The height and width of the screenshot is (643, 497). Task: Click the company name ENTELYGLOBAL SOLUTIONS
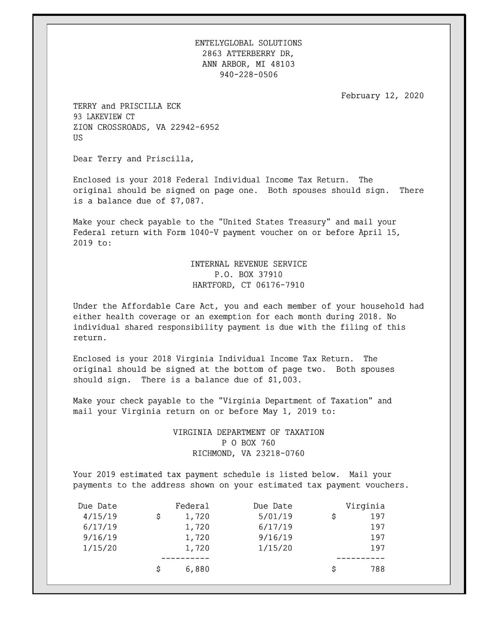pos(248,43)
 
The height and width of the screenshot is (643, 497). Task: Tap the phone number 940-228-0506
pos(248,75)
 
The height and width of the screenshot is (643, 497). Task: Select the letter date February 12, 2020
pos(382,96)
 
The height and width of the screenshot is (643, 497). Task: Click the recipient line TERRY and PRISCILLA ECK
pos(127,106)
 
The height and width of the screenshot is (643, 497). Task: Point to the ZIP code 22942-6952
pos(194,127)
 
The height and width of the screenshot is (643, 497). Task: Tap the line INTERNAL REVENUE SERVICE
pos(248,264)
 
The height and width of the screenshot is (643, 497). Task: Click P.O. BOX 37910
pos(248,275)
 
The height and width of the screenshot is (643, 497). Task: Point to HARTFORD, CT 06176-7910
pos(248,285)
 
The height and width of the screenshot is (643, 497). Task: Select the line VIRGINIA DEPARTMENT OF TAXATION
pos(248,432)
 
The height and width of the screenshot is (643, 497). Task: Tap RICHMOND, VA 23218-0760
pos(248,454)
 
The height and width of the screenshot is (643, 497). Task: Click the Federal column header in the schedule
pos(192,506)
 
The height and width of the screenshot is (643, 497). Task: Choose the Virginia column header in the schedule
pos(365,506)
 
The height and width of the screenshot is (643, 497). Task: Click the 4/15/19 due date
pos(100,517)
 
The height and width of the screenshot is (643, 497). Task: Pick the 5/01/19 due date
pos(275,517)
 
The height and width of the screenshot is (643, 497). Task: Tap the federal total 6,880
pos(197,569)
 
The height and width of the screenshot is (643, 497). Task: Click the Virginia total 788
pos(377,569)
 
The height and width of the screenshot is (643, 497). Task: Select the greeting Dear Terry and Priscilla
pos(133,159)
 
